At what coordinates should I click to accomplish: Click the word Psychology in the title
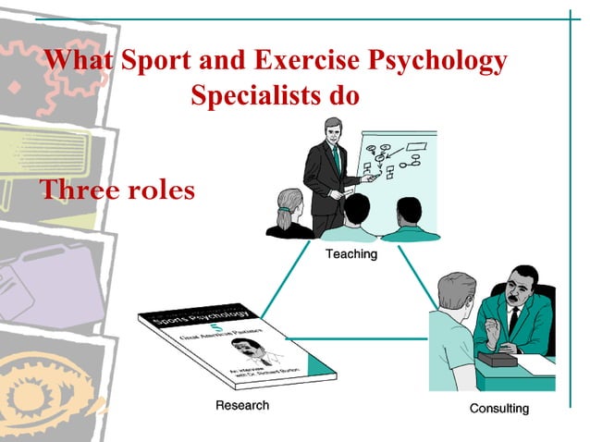coord(439,61)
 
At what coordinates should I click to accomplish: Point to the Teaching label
coord(350,253)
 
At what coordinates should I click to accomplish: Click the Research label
coord(242,405)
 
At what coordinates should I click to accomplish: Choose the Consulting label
coord(498,408)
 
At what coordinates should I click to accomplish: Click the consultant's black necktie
coord(513,319)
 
